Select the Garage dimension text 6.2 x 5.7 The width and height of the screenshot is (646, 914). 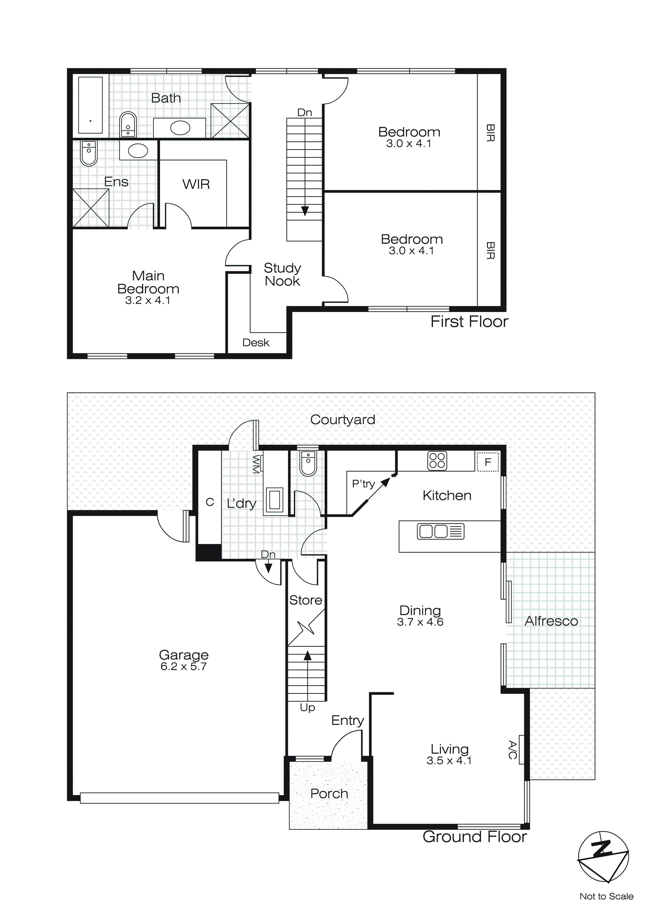pyautogui.click(x=183, y=666)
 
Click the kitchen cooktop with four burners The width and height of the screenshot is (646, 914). pyautogui.click(x=437, y=461)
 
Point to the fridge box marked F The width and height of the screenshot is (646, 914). pyautogui.click(x=488, y=462)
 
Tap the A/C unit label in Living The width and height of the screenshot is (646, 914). pyautogui.click(x=513, y=750)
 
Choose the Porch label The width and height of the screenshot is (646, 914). pyautogui.click(x=329, y=793)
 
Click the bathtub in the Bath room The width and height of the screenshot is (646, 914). pyautogui.click(x=90, y=105)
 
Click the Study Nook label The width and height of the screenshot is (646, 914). pyautogui.click(x=282, y=274)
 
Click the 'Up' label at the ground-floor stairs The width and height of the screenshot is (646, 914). pyautogui.click(x=307, y=707)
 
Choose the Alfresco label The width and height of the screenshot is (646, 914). pyautogui.click(x=551, y=621)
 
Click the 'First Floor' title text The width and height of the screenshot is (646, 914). pyautogui.click(x=469, y=322)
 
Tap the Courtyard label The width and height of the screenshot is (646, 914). pyautogui.click(x=342, y=420)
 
